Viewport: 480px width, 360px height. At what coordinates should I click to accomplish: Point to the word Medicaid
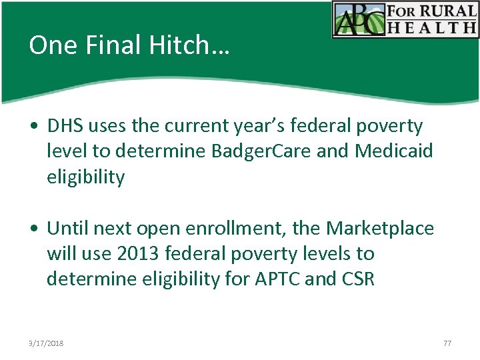click(394, 151)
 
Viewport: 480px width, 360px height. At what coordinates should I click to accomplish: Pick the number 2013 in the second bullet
click(136, 254)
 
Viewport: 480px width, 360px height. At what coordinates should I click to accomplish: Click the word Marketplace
click(380, 229)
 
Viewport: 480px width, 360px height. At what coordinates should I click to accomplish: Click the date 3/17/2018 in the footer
click(47, 343)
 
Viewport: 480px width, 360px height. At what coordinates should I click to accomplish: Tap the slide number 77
click(447, 343)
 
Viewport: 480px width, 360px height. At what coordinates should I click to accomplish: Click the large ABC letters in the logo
click(360, 20)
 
